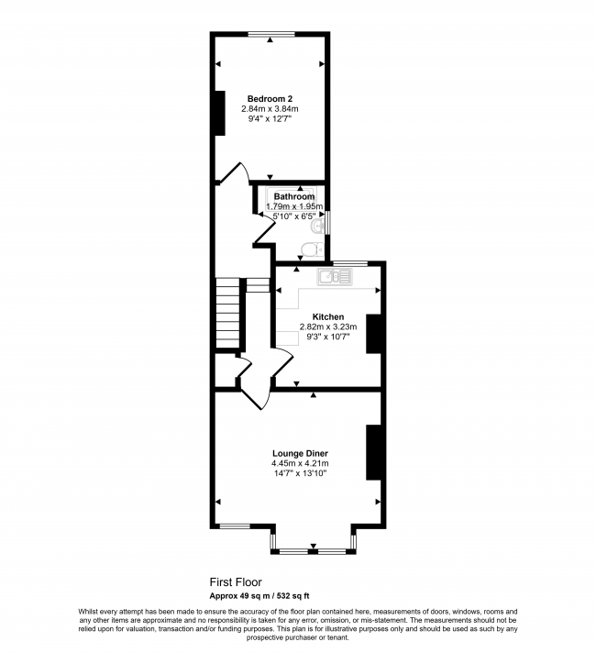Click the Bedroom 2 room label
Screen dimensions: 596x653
coord(270,99)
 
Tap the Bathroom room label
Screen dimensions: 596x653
coord(294,196)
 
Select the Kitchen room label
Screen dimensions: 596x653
coord(328,317)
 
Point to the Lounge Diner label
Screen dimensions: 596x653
coord(300,453)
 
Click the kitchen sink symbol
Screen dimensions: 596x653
coord(335,277)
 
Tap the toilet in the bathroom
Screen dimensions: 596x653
coord(312,249)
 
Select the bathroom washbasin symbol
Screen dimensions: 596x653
coord(317,226)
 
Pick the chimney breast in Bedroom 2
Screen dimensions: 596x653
coord(220,113)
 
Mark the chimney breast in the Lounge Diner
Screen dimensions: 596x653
coord(373,453)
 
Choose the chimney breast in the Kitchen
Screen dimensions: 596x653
coord(373,334)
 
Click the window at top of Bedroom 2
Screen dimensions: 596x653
coord(271,34)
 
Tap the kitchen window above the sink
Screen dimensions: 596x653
coord(350,263)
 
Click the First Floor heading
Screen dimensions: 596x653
coord(236,581)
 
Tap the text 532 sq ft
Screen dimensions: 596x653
coord(293,596)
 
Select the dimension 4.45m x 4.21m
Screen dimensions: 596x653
coord(300,463)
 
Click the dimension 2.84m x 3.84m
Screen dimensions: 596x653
coord(270,109)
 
